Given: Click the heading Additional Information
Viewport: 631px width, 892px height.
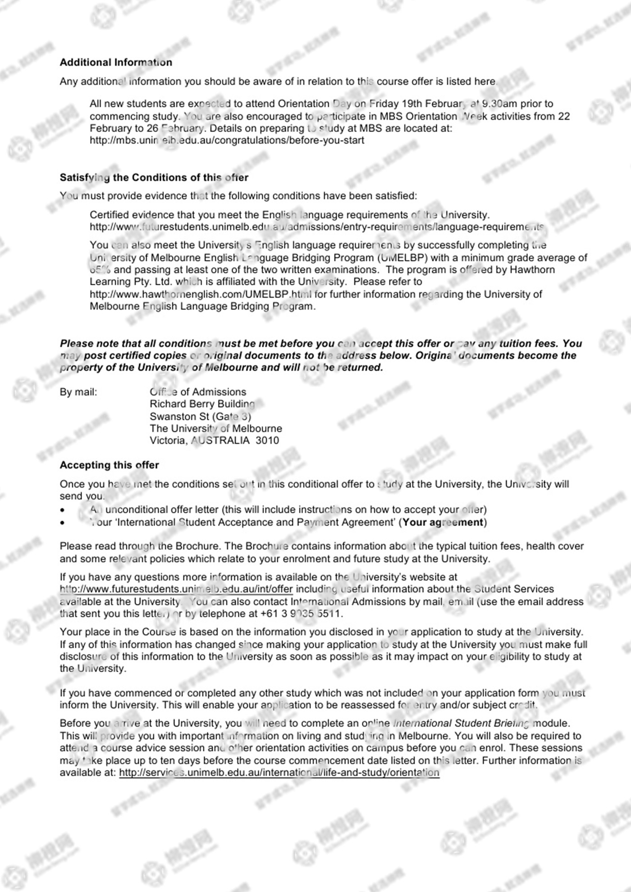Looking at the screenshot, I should click(x=116, y=62).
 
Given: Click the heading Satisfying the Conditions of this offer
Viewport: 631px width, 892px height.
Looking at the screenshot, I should click(x=154, y=177).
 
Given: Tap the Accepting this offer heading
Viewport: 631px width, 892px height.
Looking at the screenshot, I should click(x=110, y=465).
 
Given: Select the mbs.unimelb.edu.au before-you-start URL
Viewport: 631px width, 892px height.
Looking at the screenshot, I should click(x=227, y=140).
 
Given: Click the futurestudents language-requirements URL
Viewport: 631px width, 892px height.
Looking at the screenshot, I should click(x=316, y=227).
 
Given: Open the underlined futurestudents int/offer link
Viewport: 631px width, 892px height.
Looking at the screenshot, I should click(x=176, y=589).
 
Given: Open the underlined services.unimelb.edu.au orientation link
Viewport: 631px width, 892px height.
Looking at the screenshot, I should click(x=279, y=773).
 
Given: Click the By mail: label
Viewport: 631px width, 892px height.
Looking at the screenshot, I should click(x=78, y=392).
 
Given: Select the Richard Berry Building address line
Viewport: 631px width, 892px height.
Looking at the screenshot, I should click(x=202, y=404).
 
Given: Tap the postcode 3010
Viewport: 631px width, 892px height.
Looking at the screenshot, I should click(x=267, y=440).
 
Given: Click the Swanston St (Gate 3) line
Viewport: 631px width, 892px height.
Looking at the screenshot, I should click(x=201, y=416).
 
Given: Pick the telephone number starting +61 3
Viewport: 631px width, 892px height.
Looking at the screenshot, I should click(x=301, y=614).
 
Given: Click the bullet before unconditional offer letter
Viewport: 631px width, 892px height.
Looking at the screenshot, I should click(x=63, y=510).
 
